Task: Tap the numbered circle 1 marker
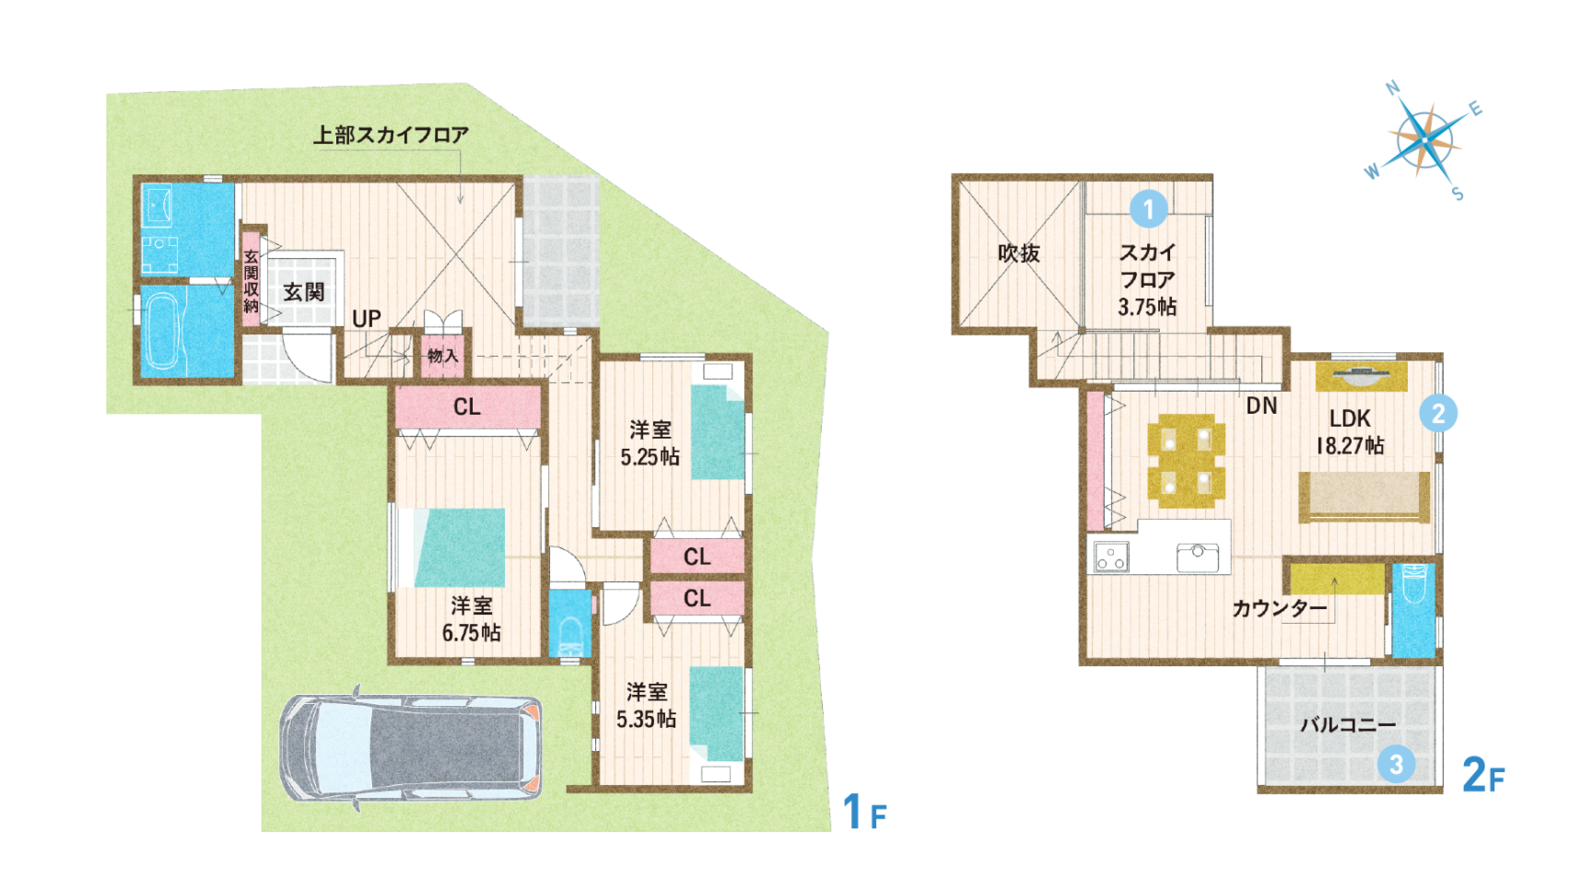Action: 1148,209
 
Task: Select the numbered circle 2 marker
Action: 1438,413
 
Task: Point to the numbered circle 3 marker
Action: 1397,764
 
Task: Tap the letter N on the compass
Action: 1393,88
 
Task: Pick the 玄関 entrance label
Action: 303,292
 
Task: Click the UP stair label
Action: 367,318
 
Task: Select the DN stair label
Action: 1261,405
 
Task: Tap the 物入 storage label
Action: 442,355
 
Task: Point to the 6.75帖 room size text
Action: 471,632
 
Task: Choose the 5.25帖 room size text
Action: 650,456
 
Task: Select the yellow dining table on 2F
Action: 1186,461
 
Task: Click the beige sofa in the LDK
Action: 1364,497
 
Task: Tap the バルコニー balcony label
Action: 1348,724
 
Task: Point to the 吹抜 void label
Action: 1019,252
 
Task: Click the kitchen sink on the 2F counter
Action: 1198,556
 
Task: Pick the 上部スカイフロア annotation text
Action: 391,135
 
